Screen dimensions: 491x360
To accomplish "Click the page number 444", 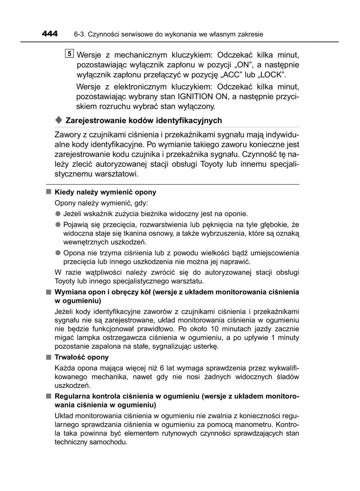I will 50,34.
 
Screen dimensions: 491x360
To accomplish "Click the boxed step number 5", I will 69,54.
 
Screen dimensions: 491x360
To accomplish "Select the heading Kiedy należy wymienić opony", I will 105,192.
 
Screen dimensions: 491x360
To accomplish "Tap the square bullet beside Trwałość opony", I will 48,357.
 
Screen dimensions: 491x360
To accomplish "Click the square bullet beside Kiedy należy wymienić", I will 48,192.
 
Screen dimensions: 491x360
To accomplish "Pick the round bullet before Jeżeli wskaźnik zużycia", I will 58,214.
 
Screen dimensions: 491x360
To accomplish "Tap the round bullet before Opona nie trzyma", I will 58,253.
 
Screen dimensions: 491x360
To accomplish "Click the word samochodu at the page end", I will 107,443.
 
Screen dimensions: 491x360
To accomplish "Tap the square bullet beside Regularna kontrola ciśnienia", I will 48,396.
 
